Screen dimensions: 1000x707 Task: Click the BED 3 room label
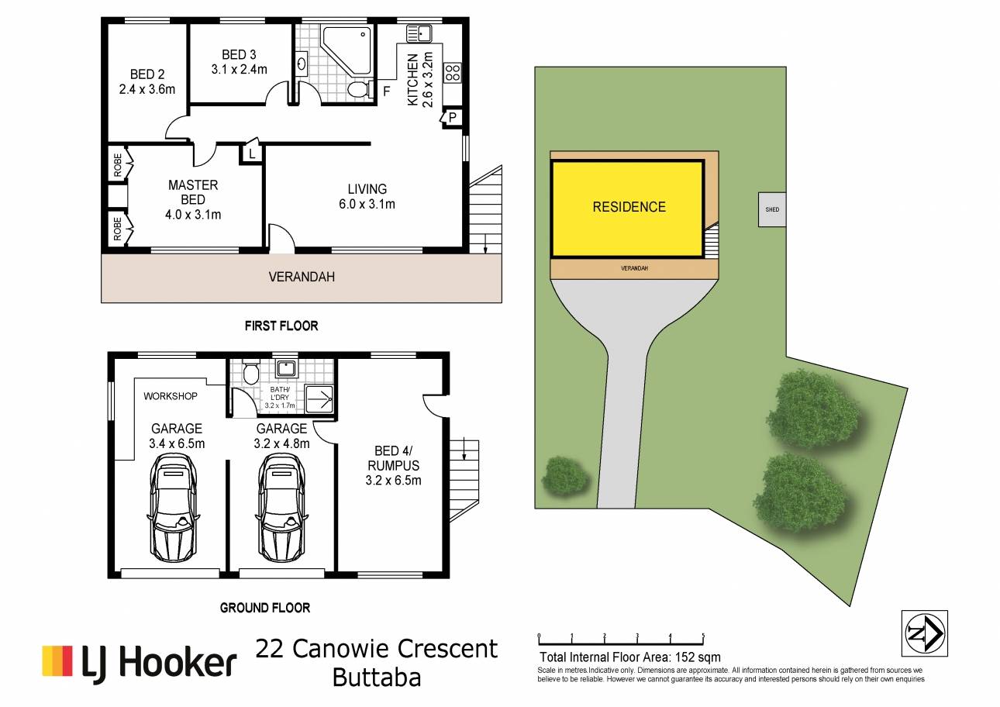click(239, 61)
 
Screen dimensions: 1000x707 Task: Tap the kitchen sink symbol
click(419, 33)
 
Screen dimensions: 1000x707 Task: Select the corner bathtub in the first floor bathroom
click(347, 51)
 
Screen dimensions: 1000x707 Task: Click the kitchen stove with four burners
click(452, 72)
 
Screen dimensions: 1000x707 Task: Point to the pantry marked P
click(451, 117)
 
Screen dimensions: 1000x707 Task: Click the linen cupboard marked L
click(251, 153)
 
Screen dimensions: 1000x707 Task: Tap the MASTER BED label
click(193, 199)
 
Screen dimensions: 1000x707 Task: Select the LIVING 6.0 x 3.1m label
click(367, 196)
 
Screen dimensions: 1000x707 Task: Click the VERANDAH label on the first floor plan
click(302, 277)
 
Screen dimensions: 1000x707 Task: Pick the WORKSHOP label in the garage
click(171, 396)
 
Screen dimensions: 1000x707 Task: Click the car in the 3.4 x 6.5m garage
click(172, 508)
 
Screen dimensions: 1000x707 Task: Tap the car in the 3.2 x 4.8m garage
click(281, 508)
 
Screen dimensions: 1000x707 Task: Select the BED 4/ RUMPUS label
click(393, 465)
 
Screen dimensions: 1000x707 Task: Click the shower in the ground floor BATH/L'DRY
click(319, 398)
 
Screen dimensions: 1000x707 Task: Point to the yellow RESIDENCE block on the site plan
click(628, 209)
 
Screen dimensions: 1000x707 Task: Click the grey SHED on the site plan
click(772, 209)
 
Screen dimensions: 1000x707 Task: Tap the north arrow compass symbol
click(925, 633)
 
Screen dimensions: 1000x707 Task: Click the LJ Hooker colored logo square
click(57, 661)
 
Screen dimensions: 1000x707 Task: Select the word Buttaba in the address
click(377, 678)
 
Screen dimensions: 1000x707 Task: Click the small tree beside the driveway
click(565, 476)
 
